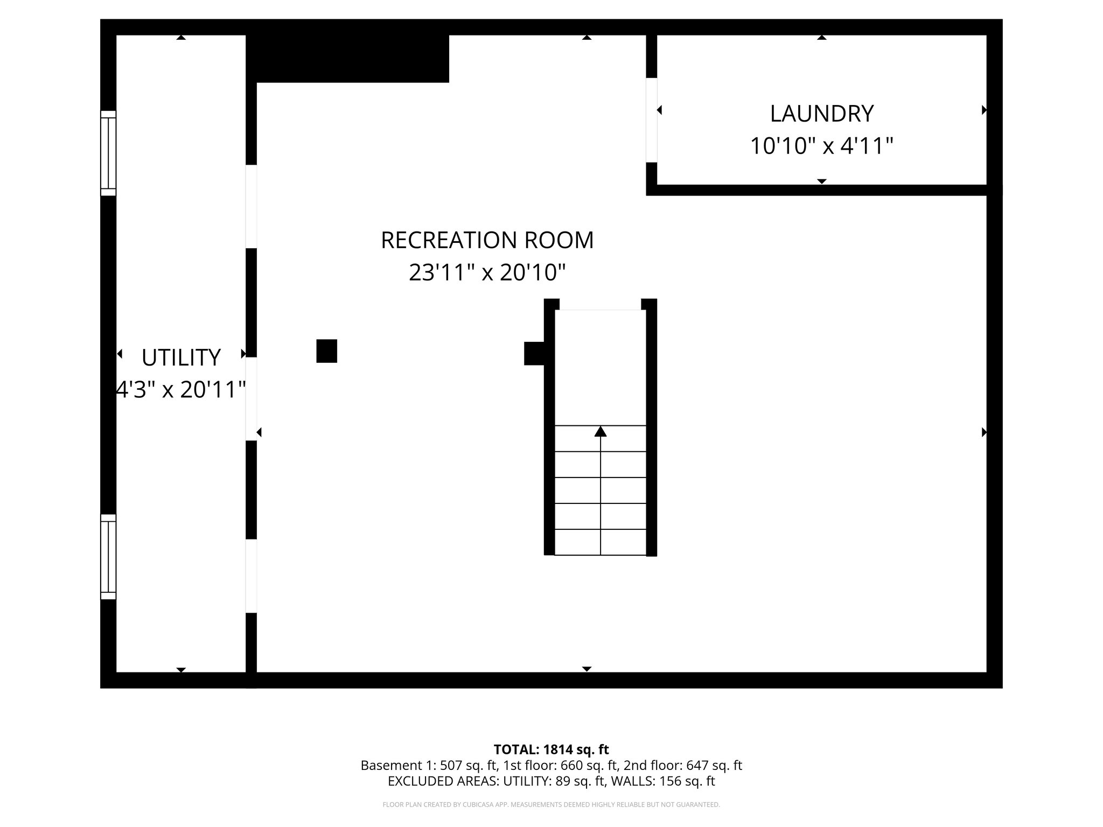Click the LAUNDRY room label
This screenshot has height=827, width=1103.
pyautogui.click(x=821, y=114)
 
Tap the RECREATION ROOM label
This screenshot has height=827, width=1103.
pyautogui.click(x=487, y=240)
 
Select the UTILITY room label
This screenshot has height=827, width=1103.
pyautogui.click(x=181, y=358)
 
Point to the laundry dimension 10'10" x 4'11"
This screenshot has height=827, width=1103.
pyautogui.click(x=821, y=146)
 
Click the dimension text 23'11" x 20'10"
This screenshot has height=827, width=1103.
pyautogui.click(x=487, y=272)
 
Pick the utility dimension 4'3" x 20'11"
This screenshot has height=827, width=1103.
pyautogui.click(x=181, y=389)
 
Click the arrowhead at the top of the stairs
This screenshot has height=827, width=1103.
pyautogui.click(x=600, y=431)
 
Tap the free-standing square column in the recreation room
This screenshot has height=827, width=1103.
pyautogui.click(x=326, y=351)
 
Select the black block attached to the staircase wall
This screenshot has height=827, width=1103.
pyautogui.click(x=534, y=353)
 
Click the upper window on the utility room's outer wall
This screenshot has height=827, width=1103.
pyautogui.click(x=108, y=153)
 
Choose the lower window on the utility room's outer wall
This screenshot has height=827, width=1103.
pyautogui.click(x=108, y=557)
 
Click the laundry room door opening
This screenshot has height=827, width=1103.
pyautogui.click(x=651, y=120)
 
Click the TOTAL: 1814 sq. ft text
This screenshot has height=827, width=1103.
pyautogui.click(x=551, y=749)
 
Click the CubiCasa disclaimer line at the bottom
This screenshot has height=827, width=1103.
pyautogui.click(x=551, y=805)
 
